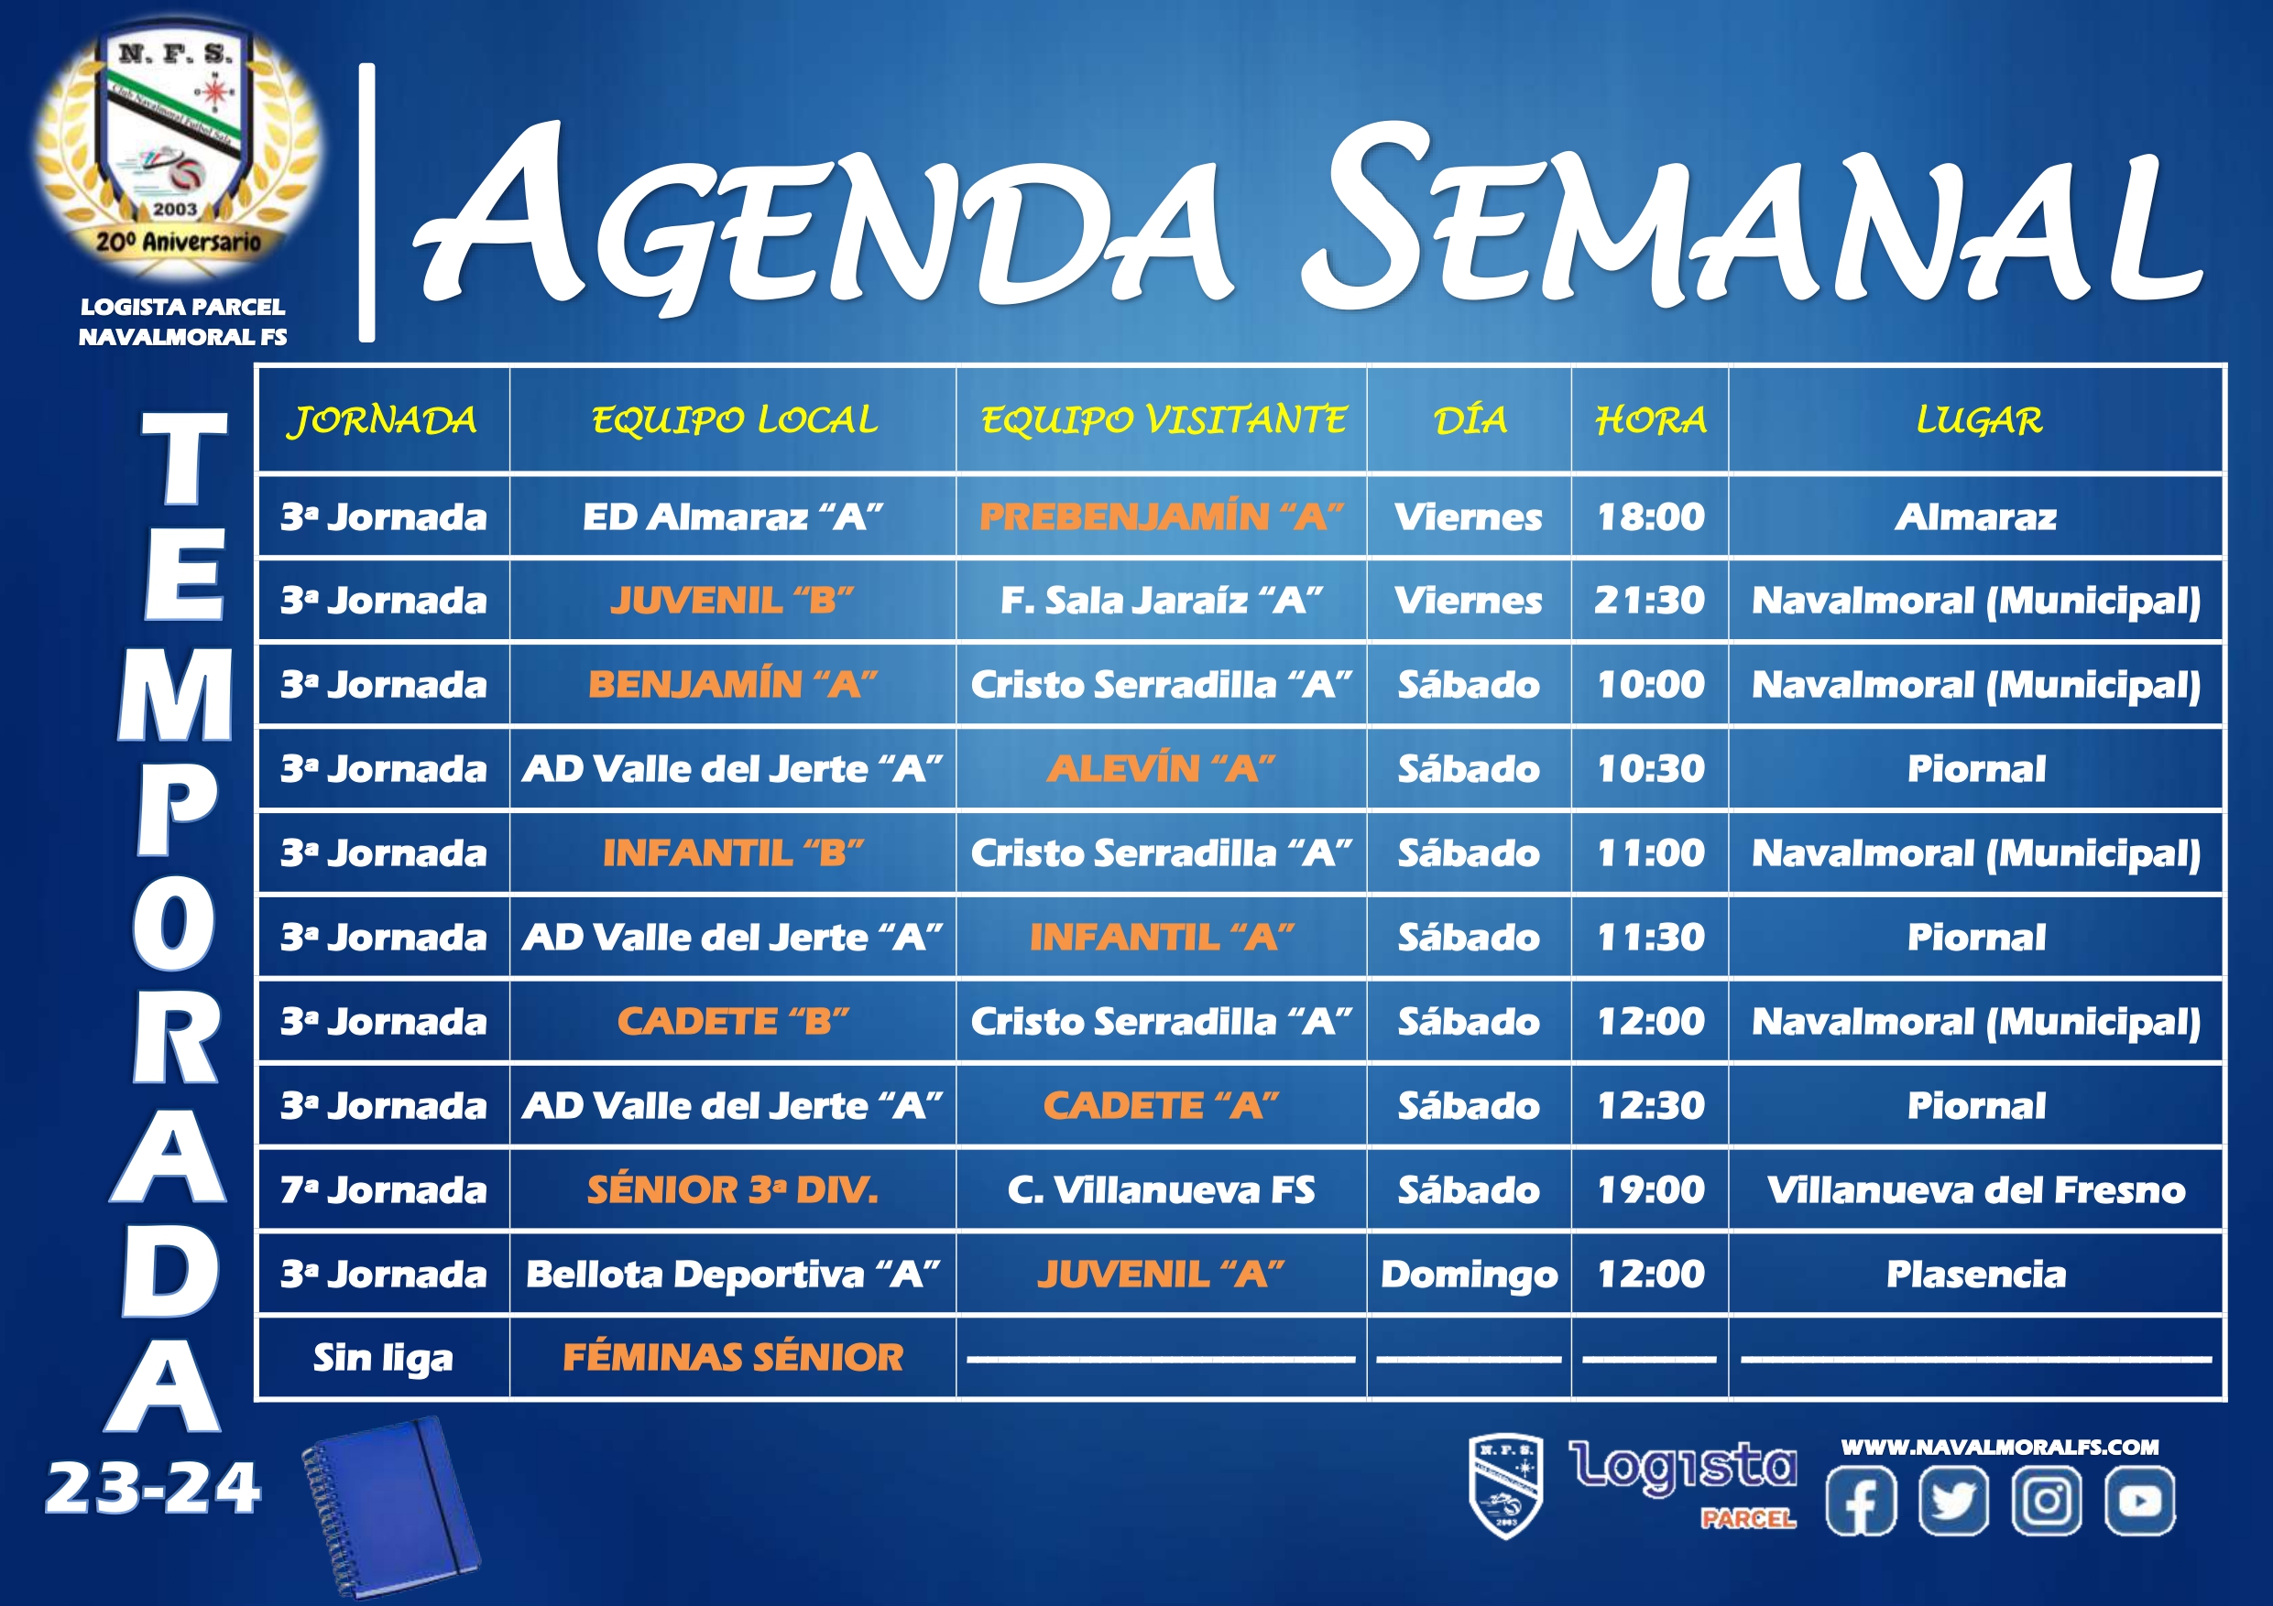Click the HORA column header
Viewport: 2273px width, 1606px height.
1650,420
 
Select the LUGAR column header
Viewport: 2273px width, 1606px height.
1978,420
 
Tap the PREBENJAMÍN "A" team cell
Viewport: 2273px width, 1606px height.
1162,516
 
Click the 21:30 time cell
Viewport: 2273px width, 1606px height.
1650,600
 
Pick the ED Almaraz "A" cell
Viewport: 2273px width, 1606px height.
733,516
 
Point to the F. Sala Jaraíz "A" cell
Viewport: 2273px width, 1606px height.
1162,600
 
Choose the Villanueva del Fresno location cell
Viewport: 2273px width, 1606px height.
1976,1189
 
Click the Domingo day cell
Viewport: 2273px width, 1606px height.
1470,1275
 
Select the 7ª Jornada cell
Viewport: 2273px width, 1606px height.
383,1189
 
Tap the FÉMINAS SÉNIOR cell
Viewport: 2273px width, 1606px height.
733,1358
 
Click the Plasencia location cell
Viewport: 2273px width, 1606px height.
1976,1274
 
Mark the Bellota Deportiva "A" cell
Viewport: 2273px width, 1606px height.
733,1275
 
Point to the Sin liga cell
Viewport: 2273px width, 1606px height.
383,1359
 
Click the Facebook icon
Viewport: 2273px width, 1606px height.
1861,1501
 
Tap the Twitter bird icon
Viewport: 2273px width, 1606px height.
1953,1501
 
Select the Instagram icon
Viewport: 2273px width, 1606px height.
2047,1501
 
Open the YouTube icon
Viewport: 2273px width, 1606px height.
2139,1501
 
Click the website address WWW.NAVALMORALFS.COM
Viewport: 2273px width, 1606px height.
2000,1447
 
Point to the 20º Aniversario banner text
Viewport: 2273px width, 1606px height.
179,241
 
